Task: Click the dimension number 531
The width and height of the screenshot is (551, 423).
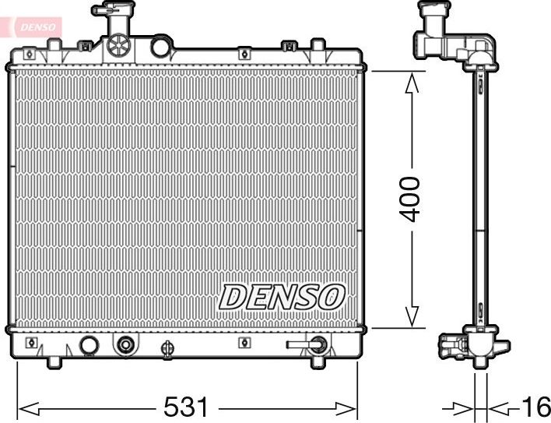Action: click(x=186, y=407)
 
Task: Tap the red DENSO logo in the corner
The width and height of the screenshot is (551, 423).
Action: click(x=33, y=26)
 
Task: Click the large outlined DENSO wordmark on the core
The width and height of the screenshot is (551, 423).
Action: click(x=282, y=296)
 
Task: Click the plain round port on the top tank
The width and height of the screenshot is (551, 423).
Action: click(x=160, y=47)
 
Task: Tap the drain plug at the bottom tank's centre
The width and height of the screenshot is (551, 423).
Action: click(x=166, y=349)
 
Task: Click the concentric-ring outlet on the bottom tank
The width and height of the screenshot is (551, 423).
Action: click(x=125, y=344)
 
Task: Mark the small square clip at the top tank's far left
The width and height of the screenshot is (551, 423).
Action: click(x=29, y=54)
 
